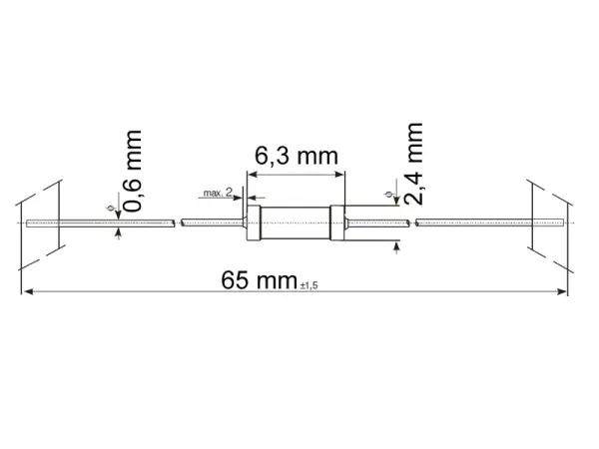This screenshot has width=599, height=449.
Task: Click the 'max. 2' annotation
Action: [x=217, y=191]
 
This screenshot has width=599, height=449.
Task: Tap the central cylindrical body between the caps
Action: [x=298, y=221]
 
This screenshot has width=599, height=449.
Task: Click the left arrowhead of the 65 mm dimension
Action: [x=28, y=292]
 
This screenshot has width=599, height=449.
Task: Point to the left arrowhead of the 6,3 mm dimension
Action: [x=253, y=174]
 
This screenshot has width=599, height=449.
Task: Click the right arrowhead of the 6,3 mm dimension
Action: [x=340, y=174]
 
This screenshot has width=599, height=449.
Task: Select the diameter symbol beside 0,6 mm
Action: [x=110, y=207]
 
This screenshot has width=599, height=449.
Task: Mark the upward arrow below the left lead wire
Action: [x=120, y=232]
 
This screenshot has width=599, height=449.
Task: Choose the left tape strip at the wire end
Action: [x=42, y=222]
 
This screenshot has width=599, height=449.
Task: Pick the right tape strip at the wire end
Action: [x=549, y=222]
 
